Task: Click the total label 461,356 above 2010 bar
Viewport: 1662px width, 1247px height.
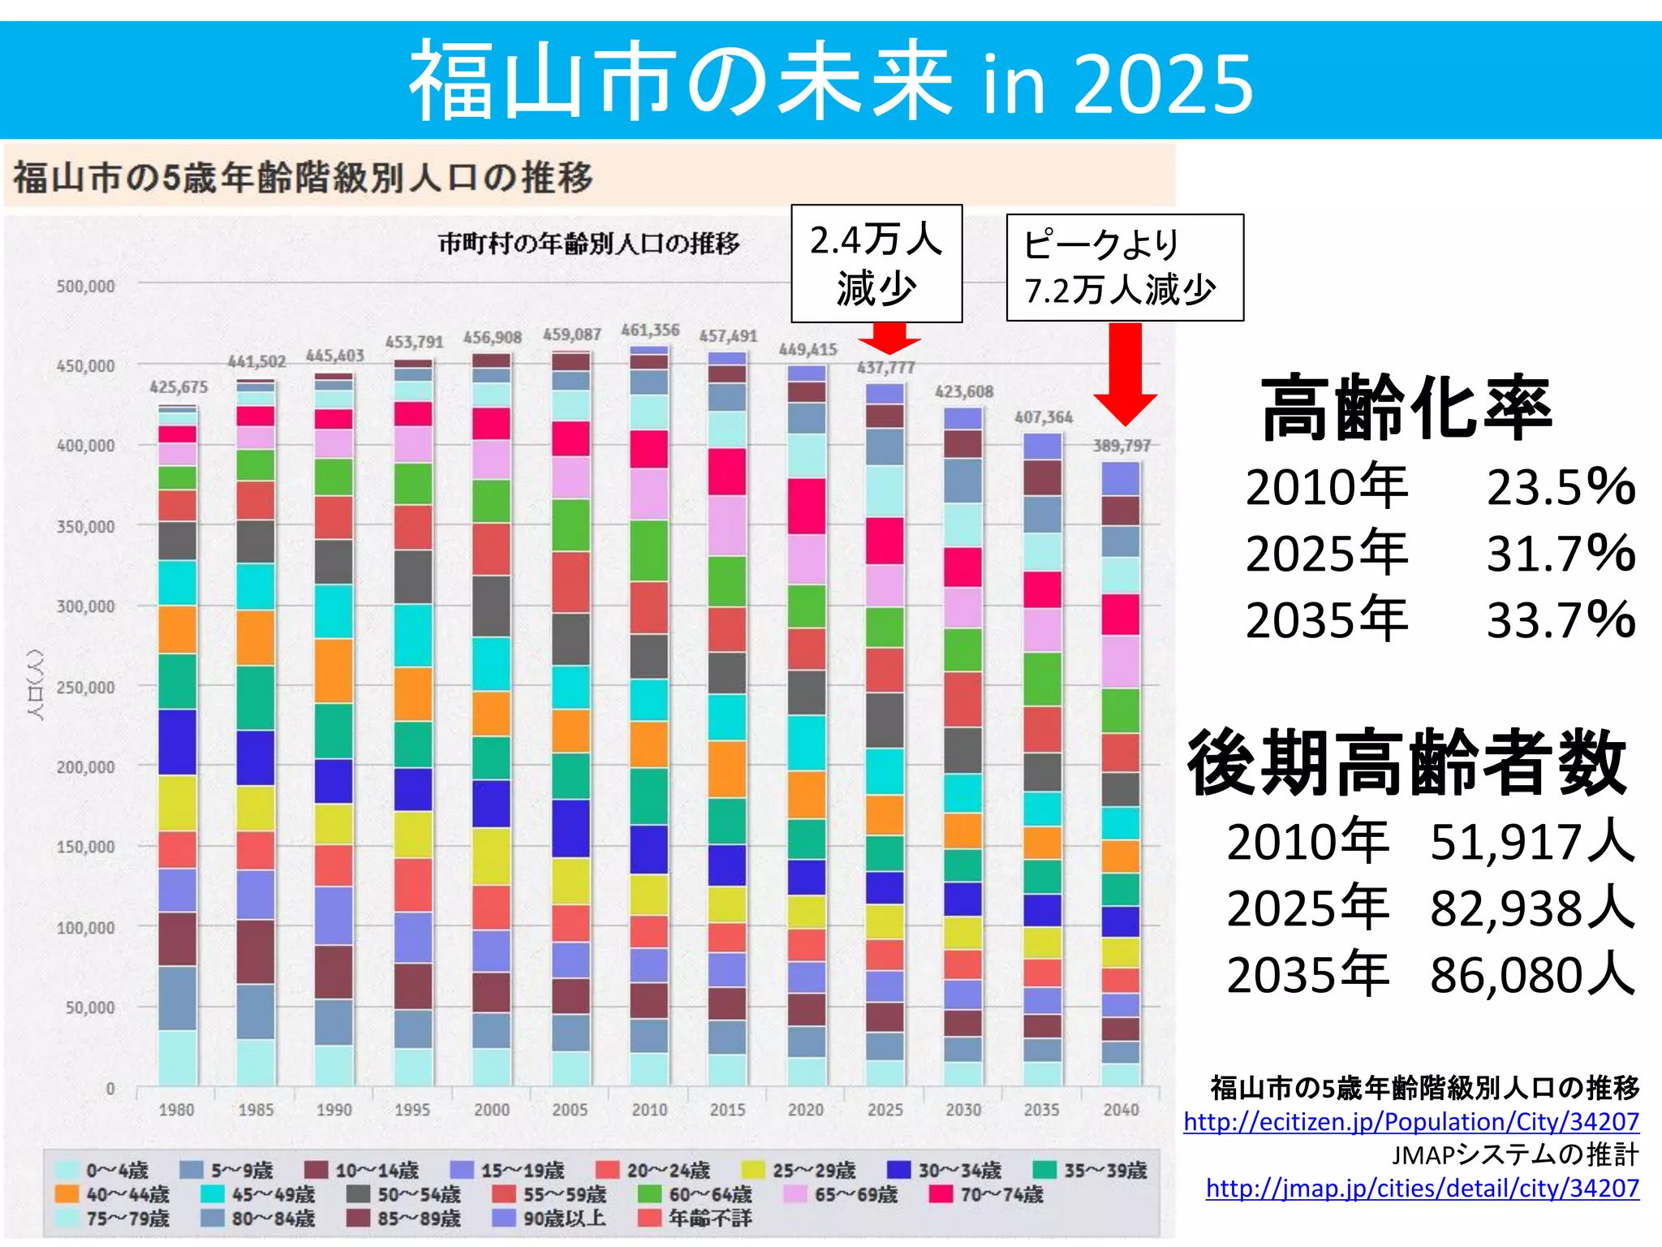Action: coord(650,330)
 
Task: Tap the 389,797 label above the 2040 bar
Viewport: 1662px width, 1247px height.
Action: coord(1122,446)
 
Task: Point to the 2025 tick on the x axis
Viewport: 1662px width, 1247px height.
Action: coord(885,1110)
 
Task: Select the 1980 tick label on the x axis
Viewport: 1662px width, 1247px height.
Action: coord(176,1110)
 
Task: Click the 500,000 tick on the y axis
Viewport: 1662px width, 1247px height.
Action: coord(85,287)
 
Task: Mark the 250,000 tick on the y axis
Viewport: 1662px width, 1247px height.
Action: coord(85,688)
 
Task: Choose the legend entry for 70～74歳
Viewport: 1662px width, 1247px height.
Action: coord(986,1194)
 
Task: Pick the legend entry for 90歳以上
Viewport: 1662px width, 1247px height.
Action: coord(549,1218)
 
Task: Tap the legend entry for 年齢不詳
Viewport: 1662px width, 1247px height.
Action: coord(695,1218)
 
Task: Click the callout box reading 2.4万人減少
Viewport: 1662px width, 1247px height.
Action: coord(876,264)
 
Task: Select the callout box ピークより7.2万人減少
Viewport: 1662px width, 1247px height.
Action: coord(1124,268)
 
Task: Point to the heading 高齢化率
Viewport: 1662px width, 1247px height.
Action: coord(1406,408)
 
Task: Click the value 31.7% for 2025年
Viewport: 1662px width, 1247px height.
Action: coord(1560,554)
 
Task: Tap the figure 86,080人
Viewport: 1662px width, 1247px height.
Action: coord(1531,974)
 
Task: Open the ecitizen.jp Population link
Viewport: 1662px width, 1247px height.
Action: coord(1411,1122)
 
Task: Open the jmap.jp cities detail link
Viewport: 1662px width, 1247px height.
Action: coord(1422,1189)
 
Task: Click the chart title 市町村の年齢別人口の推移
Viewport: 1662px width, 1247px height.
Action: coord(589,244)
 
